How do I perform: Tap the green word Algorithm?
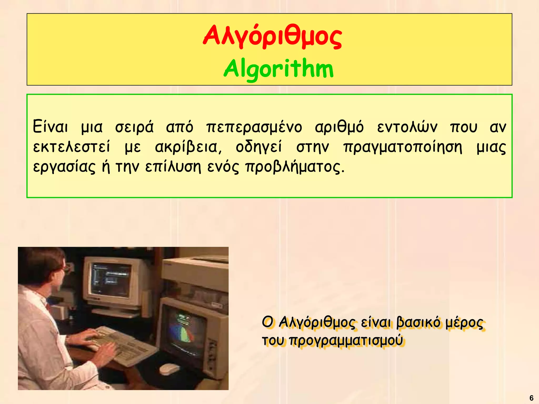pos(278,69)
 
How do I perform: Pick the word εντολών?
pos(407,127)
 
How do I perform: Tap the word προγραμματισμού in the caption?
pos(346,340)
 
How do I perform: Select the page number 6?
pos(531,398)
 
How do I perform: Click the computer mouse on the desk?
pos(169,369)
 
